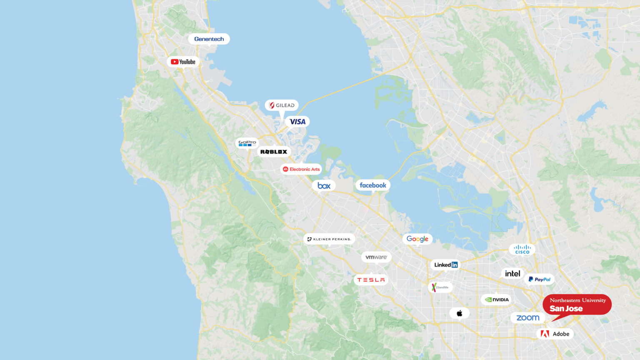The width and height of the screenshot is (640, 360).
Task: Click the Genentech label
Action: click(209, 39)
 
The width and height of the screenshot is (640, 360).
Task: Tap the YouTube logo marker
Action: click(183, 62)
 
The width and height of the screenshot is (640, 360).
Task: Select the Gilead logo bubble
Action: click(282, 105)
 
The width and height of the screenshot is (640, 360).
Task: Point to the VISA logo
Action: click(297, 122)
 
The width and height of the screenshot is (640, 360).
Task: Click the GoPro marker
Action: click(247, 143)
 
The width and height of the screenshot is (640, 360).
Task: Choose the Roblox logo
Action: click(274, 152)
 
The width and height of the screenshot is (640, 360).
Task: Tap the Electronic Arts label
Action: click(301, 169)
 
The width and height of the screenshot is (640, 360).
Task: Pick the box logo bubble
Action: click(324, 186)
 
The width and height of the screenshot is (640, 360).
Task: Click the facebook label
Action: click(373, 185)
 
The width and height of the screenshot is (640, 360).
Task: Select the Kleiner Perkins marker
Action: click(329, 239)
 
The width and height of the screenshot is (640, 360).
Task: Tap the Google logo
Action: click(417, 239)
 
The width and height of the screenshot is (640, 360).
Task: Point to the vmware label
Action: click(376, 257)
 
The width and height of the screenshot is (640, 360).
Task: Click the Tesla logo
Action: click(371, 280)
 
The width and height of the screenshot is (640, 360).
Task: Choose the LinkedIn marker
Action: click(446, 265)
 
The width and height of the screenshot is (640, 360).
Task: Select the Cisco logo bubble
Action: click(522, 250)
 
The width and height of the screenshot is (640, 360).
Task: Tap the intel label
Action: click(512, 274)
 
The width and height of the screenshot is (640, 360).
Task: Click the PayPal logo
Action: click(540, 280)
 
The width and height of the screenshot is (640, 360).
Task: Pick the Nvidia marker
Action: click(497, 300)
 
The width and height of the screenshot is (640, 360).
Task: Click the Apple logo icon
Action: click(460, 313)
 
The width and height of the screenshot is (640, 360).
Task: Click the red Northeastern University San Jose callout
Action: click(577, 305)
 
